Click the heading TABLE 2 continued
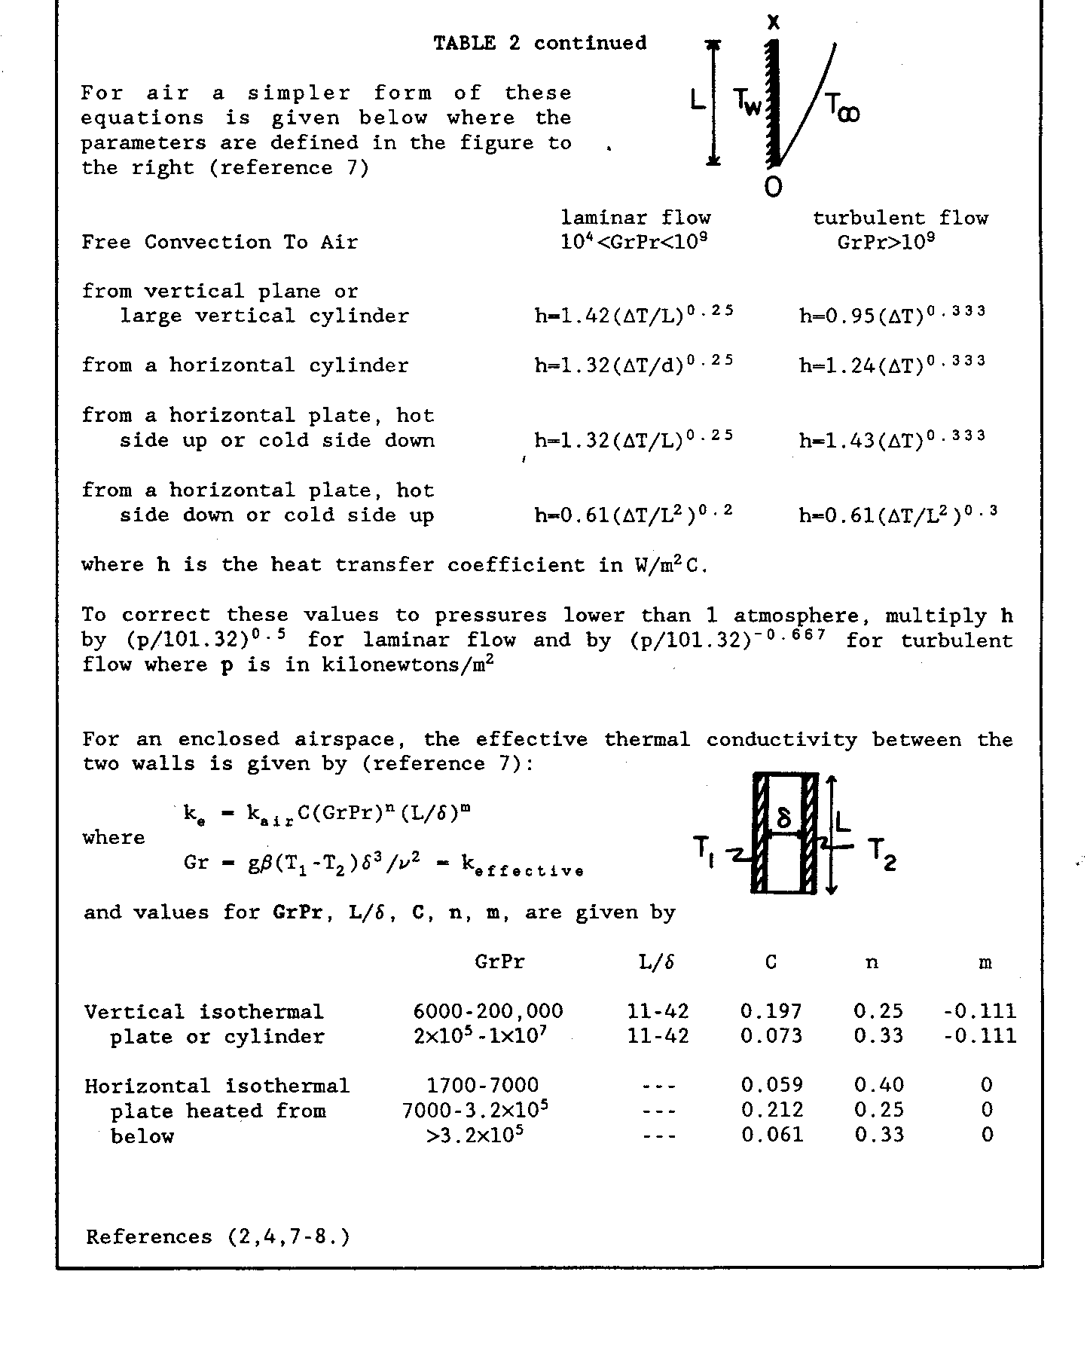539,43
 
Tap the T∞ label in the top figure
841,108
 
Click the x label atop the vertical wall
773,23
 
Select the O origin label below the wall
773,187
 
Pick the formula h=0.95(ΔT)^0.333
892,313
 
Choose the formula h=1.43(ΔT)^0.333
892,438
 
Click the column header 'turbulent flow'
900,219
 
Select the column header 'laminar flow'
636,219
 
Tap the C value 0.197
771,1011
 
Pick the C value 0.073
771,1036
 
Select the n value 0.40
878,1086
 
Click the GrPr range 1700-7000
482,1086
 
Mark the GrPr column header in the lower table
499,962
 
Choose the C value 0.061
771,1135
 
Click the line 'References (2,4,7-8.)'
218,1237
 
